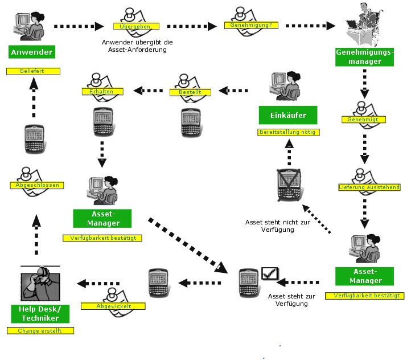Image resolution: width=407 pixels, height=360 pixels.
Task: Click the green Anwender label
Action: coord(32,52)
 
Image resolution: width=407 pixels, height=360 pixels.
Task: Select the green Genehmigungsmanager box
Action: coord(364,56)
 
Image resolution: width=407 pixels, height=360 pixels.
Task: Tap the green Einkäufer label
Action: coord(289,115)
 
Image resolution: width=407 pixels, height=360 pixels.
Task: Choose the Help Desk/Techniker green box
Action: coord(40,313)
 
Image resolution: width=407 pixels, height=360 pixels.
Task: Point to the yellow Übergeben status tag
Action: coord(135,26)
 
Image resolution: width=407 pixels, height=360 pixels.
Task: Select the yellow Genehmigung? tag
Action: coord(246,25)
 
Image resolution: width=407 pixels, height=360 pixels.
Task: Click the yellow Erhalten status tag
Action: coord(101,91)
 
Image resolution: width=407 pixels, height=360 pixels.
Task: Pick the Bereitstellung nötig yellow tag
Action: coord(289,132)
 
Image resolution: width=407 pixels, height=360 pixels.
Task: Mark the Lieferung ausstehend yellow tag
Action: coord(369,187)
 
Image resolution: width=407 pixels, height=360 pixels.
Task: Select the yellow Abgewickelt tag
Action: coord(114,306)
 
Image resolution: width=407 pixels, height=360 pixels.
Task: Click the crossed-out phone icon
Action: coord(289,185)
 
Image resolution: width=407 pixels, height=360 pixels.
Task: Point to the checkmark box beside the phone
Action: coord(268,274)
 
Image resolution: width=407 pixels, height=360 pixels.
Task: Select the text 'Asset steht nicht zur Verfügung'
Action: coord(269,226)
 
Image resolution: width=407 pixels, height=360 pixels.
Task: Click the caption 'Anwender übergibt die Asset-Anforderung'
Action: coord(137,46)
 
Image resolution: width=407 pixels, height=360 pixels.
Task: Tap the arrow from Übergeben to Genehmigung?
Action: coord(192,26)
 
